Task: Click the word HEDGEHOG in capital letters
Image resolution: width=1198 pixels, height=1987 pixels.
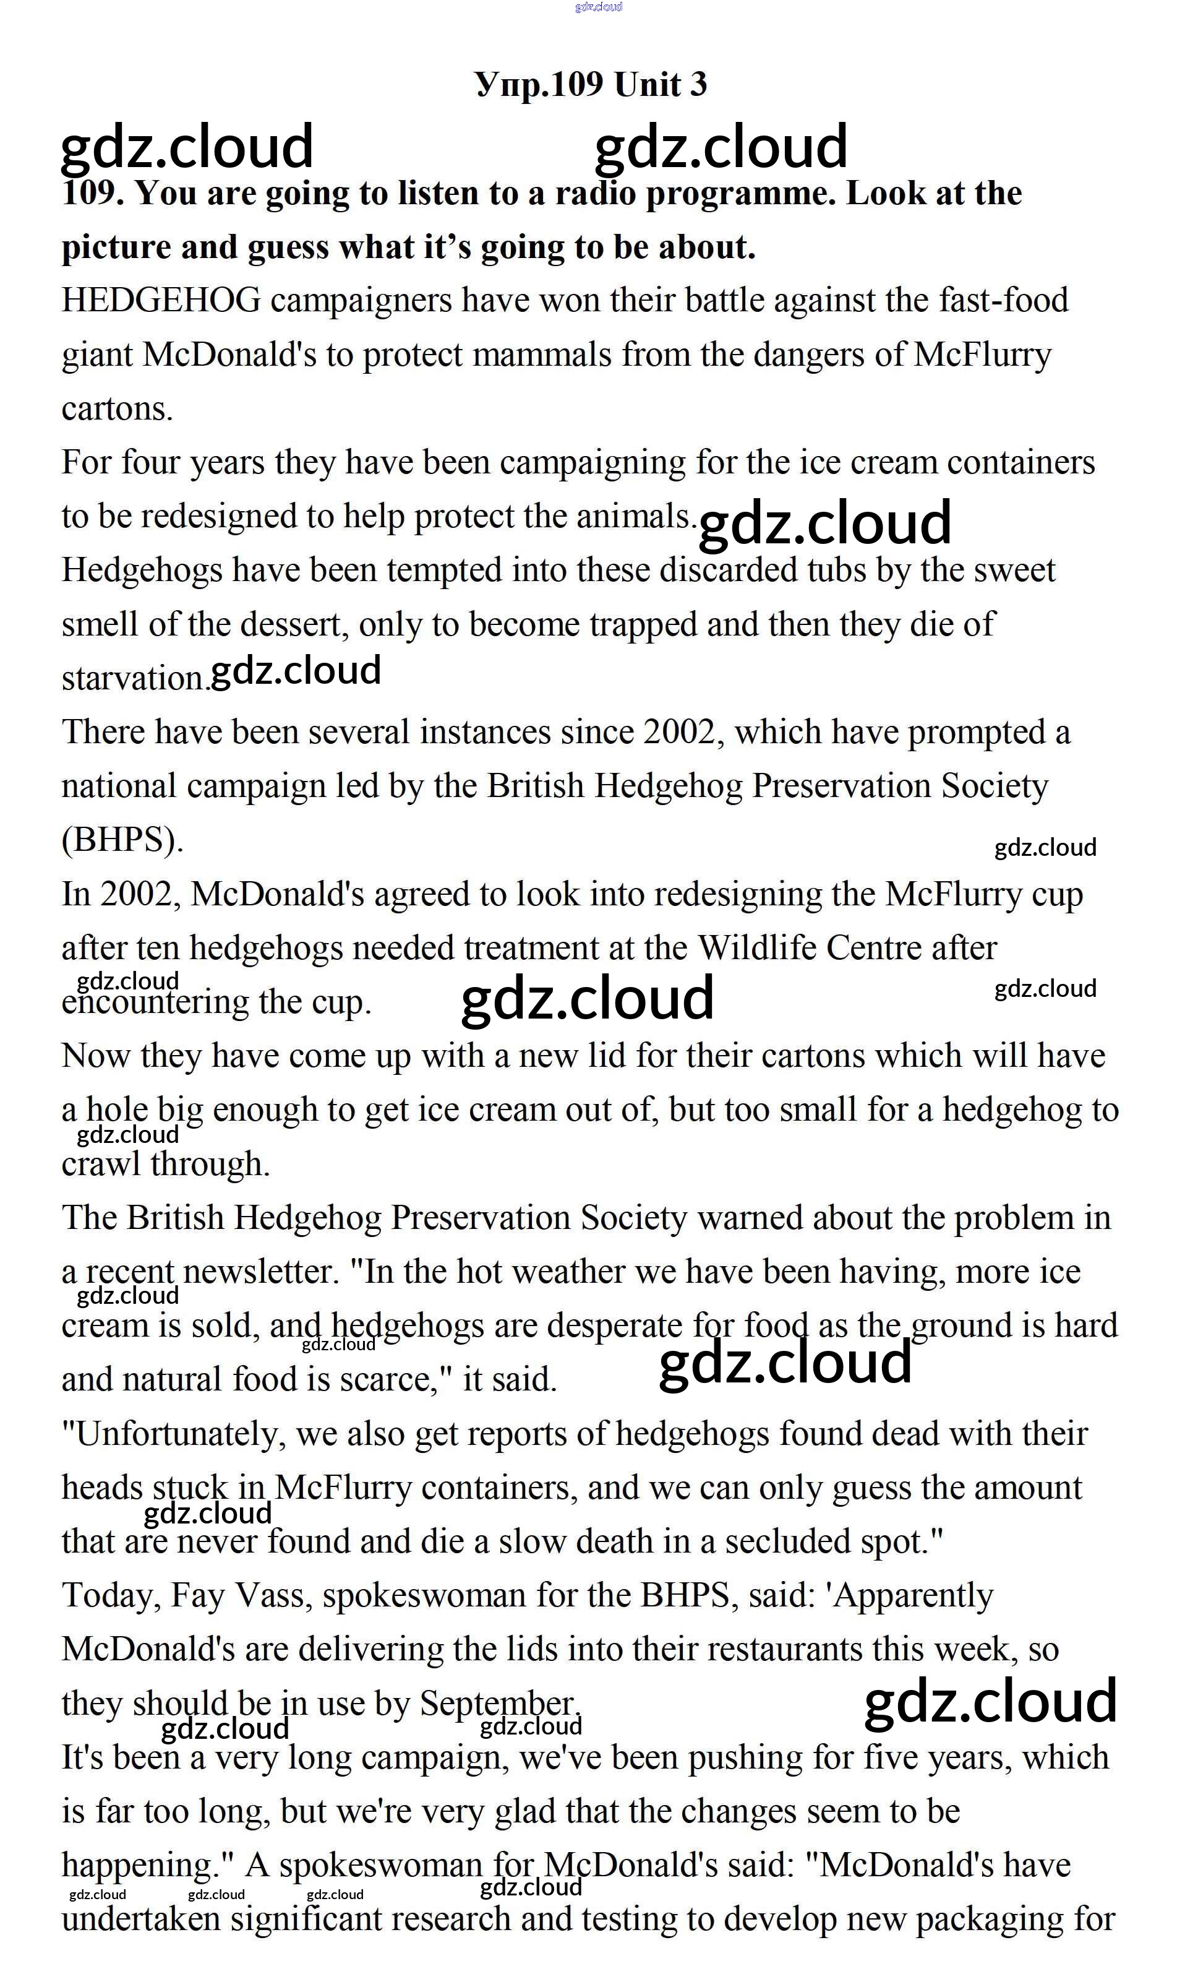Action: (x=161, y=301)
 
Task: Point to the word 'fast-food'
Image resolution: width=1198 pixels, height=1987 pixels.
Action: (x=1003, y=301)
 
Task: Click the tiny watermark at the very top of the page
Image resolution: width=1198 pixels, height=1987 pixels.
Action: (x=598, y=6)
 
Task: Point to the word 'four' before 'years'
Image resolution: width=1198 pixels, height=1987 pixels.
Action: (x=151, y=463)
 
